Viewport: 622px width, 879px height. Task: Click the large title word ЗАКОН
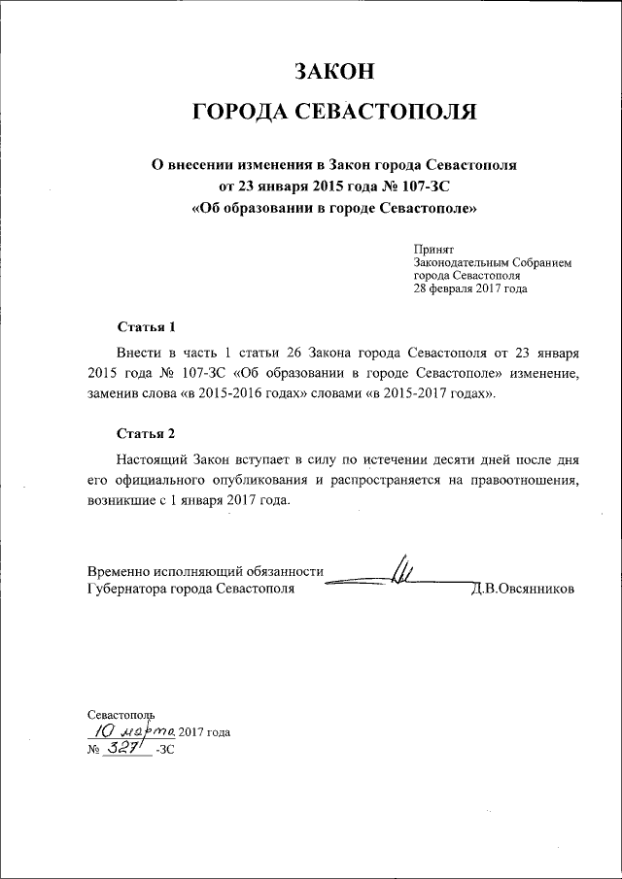334,71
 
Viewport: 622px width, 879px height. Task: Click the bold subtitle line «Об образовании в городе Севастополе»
335,208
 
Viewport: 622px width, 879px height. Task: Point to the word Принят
432,250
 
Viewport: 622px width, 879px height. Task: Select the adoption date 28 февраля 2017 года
470,288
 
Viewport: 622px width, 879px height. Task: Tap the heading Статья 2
146,432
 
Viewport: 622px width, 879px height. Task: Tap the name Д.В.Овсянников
523,589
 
